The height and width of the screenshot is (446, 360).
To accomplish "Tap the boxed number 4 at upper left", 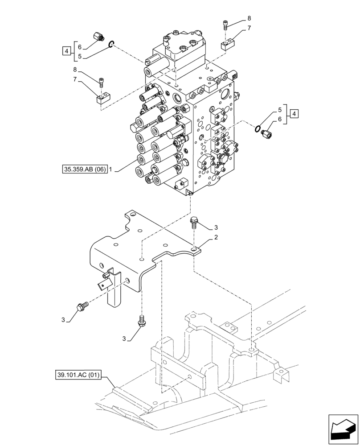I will (x=66, y=51).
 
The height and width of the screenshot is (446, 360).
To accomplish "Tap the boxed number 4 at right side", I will (x=295, y=114).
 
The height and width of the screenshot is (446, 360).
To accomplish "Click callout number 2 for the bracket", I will (x=216, y=237).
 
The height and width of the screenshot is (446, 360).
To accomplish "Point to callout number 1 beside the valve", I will (x=111, y=169).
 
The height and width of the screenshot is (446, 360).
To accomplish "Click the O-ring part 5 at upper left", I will (x=112, y=43).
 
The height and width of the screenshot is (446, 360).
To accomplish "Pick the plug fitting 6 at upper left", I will (x=98, y=37).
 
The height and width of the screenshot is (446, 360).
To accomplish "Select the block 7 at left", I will (x=102, y=98).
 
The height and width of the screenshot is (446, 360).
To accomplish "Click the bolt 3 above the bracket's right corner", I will (x=194, y=223).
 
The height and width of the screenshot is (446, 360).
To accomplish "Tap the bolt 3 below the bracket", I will (x=141, y=322).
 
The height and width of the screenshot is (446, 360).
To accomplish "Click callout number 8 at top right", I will (x=249, y=18).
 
